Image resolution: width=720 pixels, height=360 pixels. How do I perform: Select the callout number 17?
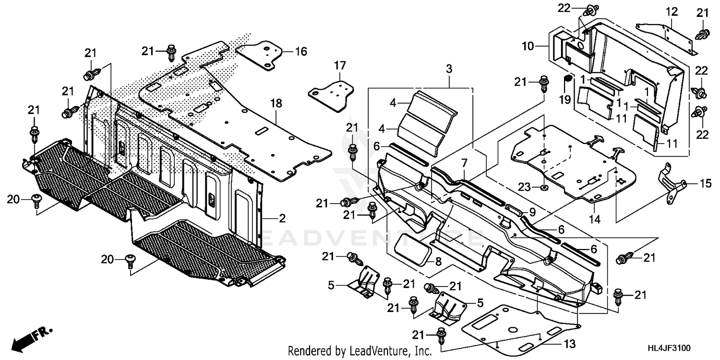pos(340,65)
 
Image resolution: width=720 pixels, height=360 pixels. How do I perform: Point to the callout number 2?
pos(282,218)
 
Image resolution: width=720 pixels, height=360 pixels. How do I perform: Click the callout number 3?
pos(449,69)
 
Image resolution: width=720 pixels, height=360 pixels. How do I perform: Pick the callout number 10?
pos(528,47)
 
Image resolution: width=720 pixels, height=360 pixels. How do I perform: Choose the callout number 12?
pos(671,11)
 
